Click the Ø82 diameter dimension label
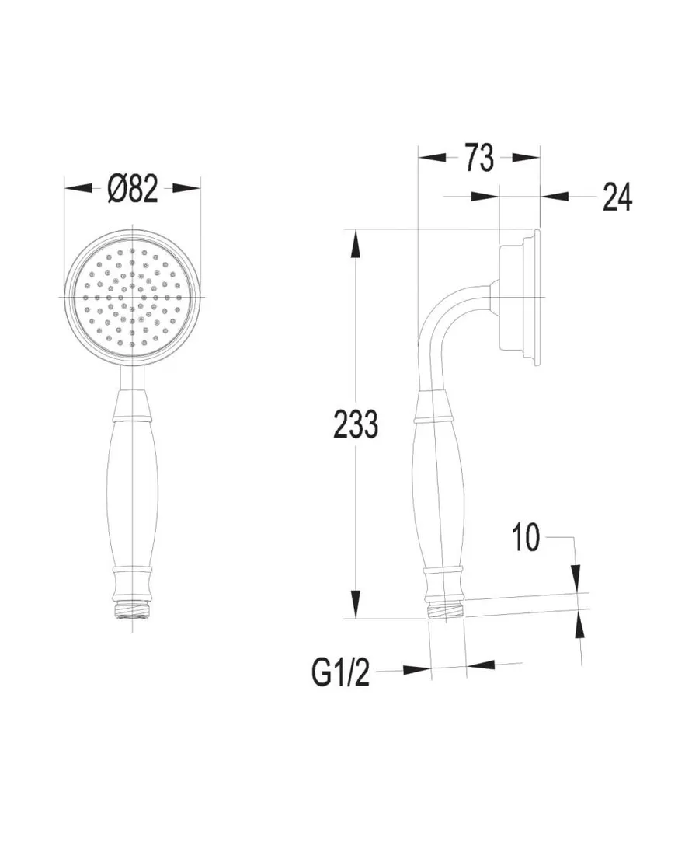click(x=133, y=189)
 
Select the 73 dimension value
click(x=479, y=158)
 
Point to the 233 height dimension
click(x=355, y=424)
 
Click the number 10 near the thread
click(x=525, y=537)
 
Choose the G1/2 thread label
click(x=340, y=673)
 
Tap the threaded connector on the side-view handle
click(x=447, y=610)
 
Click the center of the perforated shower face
click(x=132, y=297)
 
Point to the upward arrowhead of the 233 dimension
click(x=355, y=243)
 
